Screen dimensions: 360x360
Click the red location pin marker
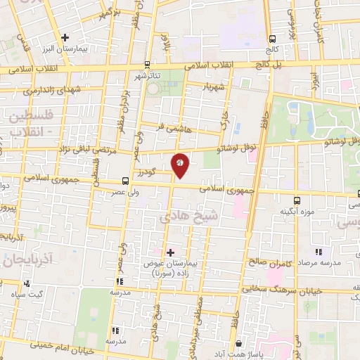pyautogui.click(x=181, y=164)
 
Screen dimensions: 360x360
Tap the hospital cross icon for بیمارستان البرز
pyautogui.click(x=65, y=37)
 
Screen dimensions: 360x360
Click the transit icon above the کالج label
pyautogui.click(x=272, y=39)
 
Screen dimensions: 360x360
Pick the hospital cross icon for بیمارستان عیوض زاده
pyautogui.click(x=169, y=251)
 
